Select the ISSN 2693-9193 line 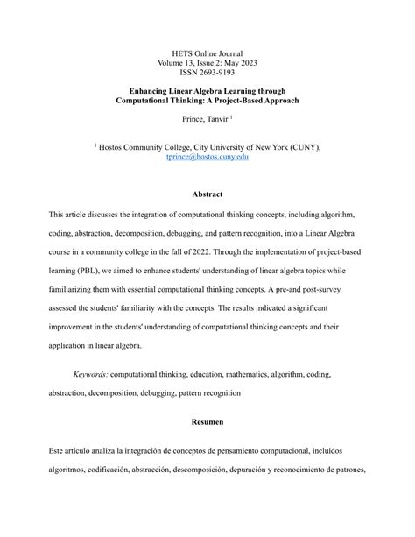click(x=207, y=73)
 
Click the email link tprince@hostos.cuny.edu click(x=207, y=156)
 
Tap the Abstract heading click(x=207, y=194)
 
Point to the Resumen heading click(x=207, y=421)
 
